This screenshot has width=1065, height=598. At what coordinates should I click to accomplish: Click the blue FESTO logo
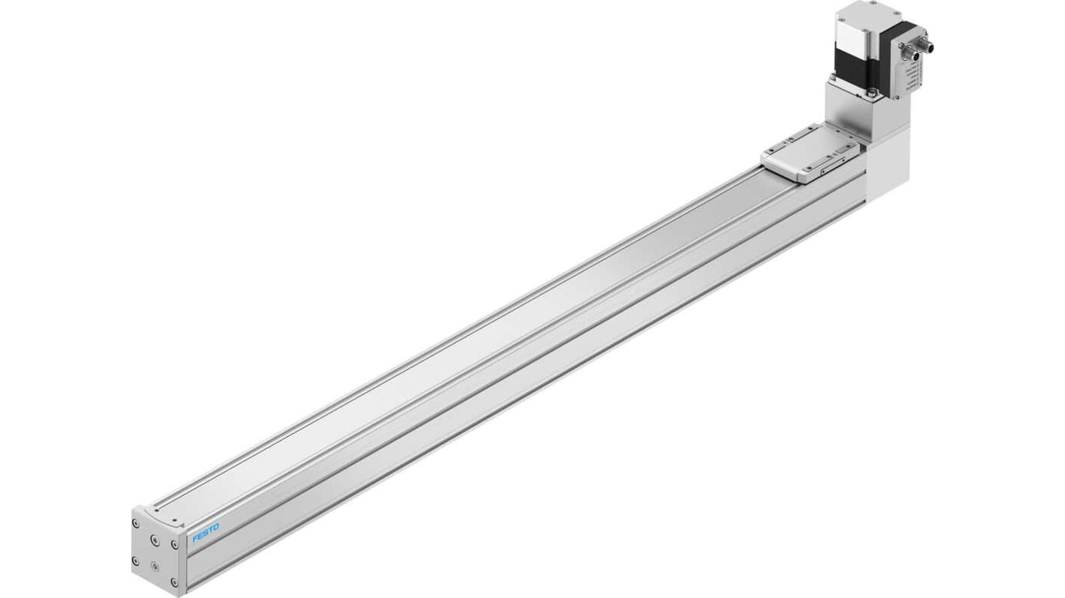click(205, 533)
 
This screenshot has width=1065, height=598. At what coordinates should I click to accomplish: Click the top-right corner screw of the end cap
click(175, 545)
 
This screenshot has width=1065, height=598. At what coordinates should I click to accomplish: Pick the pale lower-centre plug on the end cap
click(155, 567)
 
